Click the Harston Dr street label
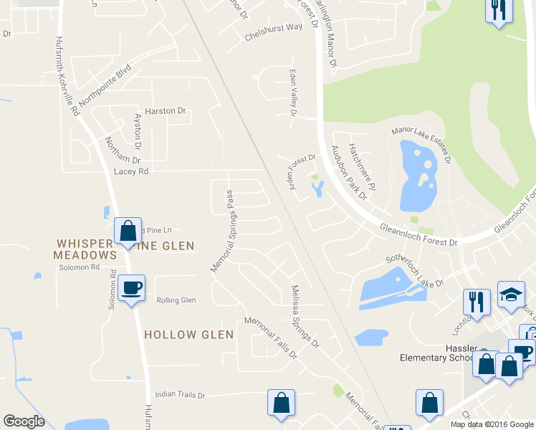165,111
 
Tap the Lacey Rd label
130,171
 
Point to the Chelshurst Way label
273,27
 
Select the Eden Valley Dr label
292,92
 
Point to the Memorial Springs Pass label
223,231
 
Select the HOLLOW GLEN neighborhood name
189,335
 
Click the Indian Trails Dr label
180,395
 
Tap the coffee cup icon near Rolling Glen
131,289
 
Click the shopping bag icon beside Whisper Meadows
128,231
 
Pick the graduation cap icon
511,295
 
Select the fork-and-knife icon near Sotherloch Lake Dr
477,302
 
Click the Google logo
24,421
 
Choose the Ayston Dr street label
138,136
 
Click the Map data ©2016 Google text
492,424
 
